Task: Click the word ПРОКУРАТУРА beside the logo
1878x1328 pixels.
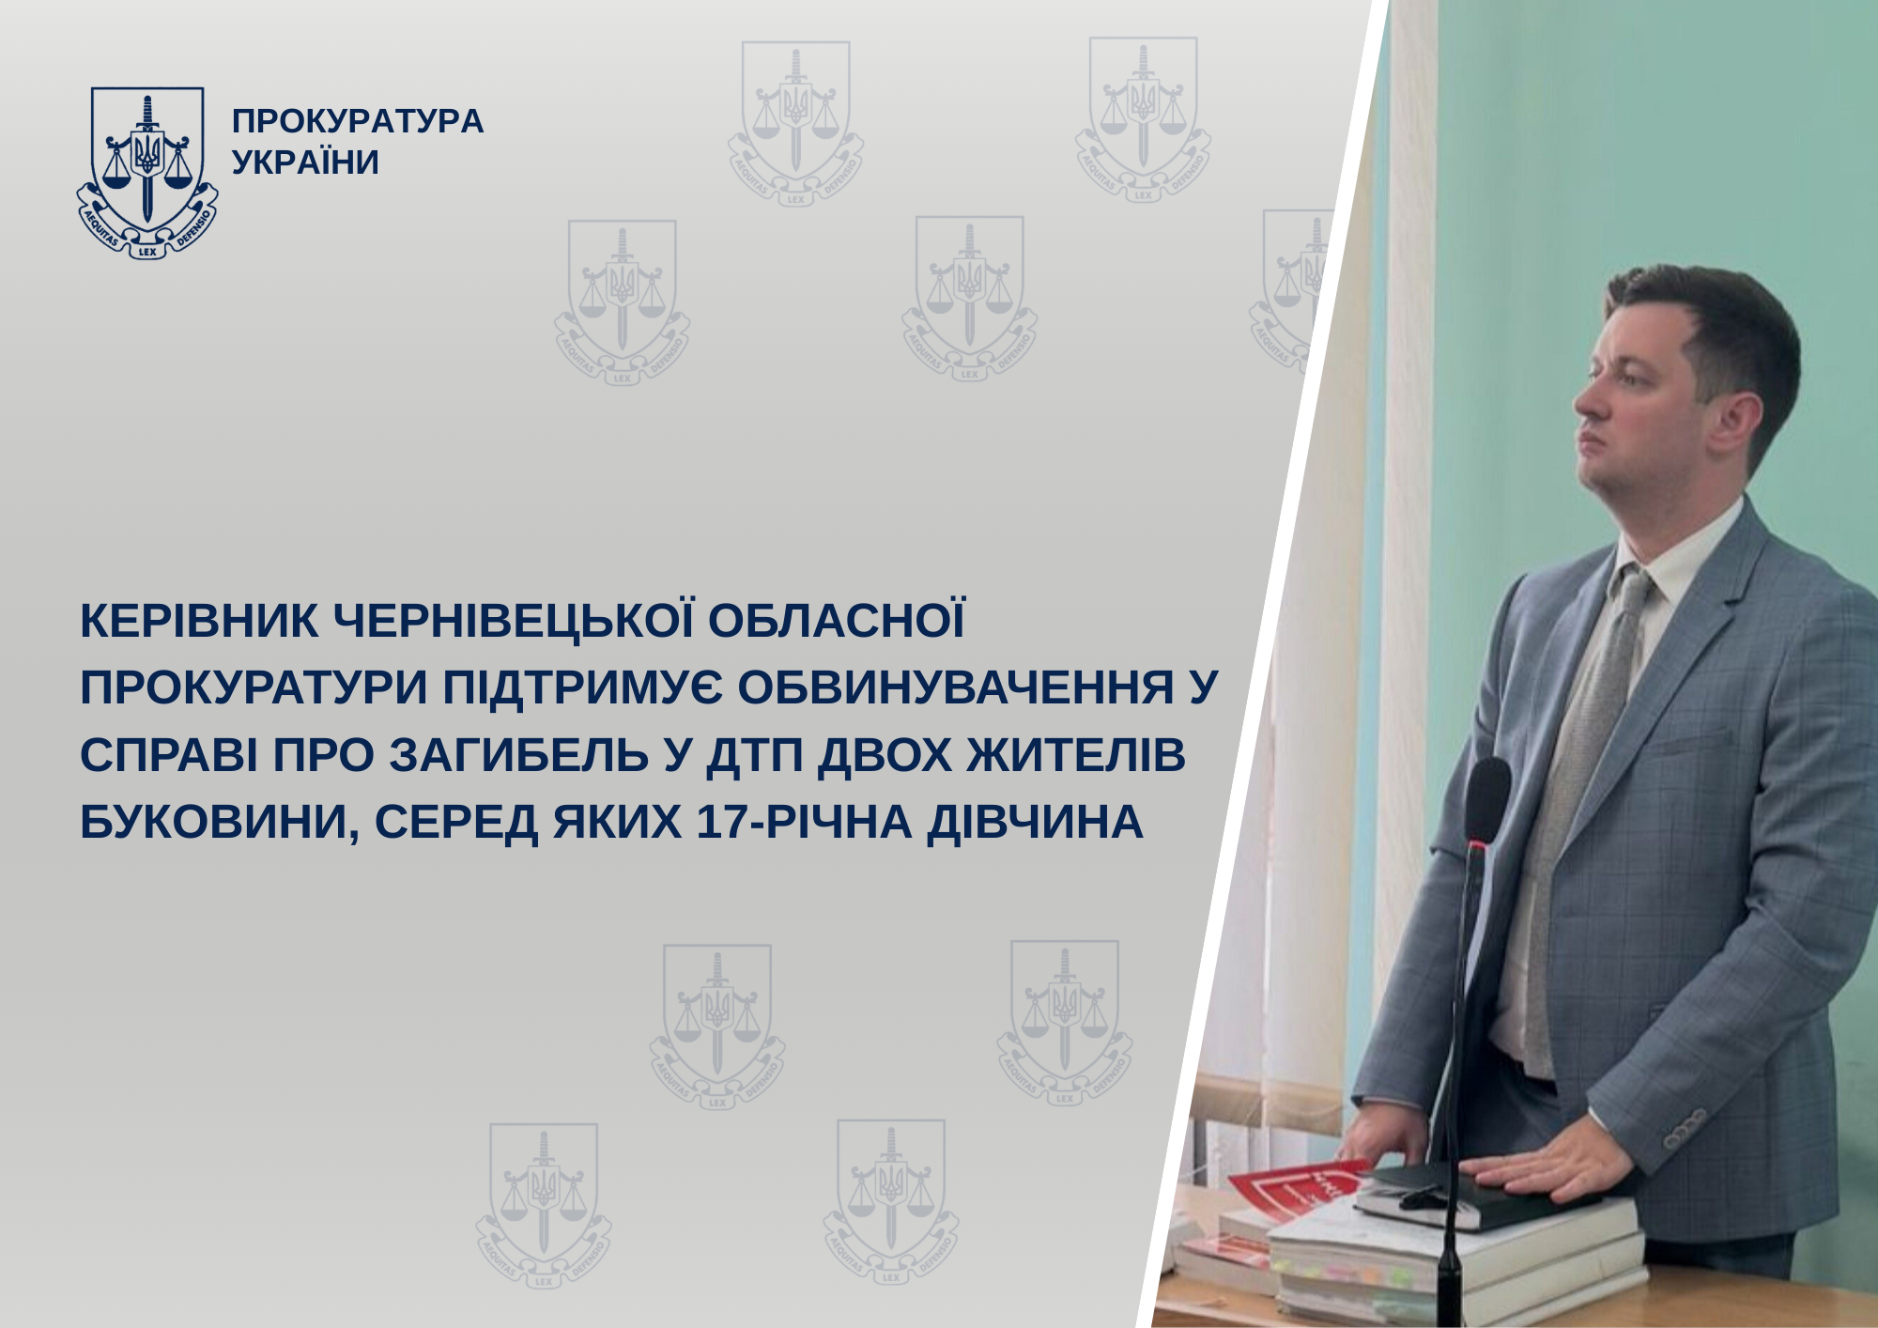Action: (358, 121)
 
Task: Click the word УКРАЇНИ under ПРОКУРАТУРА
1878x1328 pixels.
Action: (305, 162)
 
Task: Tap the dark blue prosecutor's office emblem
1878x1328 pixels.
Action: (147, 173)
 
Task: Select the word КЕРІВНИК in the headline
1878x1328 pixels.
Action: (199, 621)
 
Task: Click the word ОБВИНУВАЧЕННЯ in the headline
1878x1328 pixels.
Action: (956, 687)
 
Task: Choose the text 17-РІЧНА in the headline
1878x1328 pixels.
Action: (804, 823)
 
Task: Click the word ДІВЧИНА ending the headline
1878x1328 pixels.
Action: (1035, 823)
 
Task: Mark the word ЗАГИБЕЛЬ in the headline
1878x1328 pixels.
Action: (519, 755)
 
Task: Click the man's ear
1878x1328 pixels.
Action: (1736, 420)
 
